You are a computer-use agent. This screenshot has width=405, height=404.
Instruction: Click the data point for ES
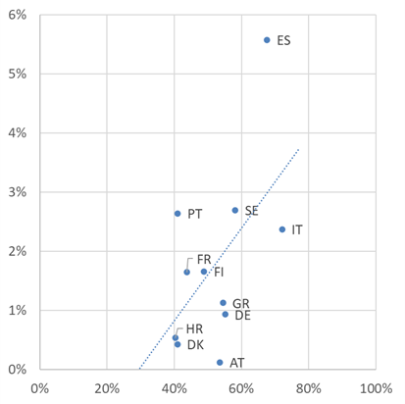[267, 40]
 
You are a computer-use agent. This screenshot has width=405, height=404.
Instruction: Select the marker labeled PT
[177, 214]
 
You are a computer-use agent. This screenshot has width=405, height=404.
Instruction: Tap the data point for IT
[282, 229]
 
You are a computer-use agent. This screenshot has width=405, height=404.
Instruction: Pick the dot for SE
[235, 210]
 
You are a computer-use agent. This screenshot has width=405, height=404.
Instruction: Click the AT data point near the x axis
[220, 363]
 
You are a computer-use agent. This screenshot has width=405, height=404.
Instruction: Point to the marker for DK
[177, 344]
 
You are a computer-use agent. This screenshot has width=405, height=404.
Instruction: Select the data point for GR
[223, 303]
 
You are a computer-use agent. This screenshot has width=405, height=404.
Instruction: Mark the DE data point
[226, 314]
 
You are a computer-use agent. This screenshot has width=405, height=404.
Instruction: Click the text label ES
[284, 41]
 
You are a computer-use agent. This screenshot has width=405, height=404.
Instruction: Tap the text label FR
[204, 258]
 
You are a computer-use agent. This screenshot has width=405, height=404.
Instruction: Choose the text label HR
[194, 328]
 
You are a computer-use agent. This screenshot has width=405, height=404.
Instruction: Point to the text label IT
[297, 230]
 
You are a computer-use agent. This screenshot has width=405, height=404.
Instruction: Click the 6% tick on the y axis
[17, 14]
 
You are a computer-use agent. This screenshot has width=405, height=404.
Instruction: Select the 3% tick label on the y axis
[17, 192]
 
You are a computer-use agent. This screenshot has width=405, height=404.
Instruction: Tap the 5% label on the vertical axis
[17, 74]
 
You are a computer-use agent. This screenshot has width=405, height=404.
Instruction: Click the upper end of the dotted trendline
[298, 148]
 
